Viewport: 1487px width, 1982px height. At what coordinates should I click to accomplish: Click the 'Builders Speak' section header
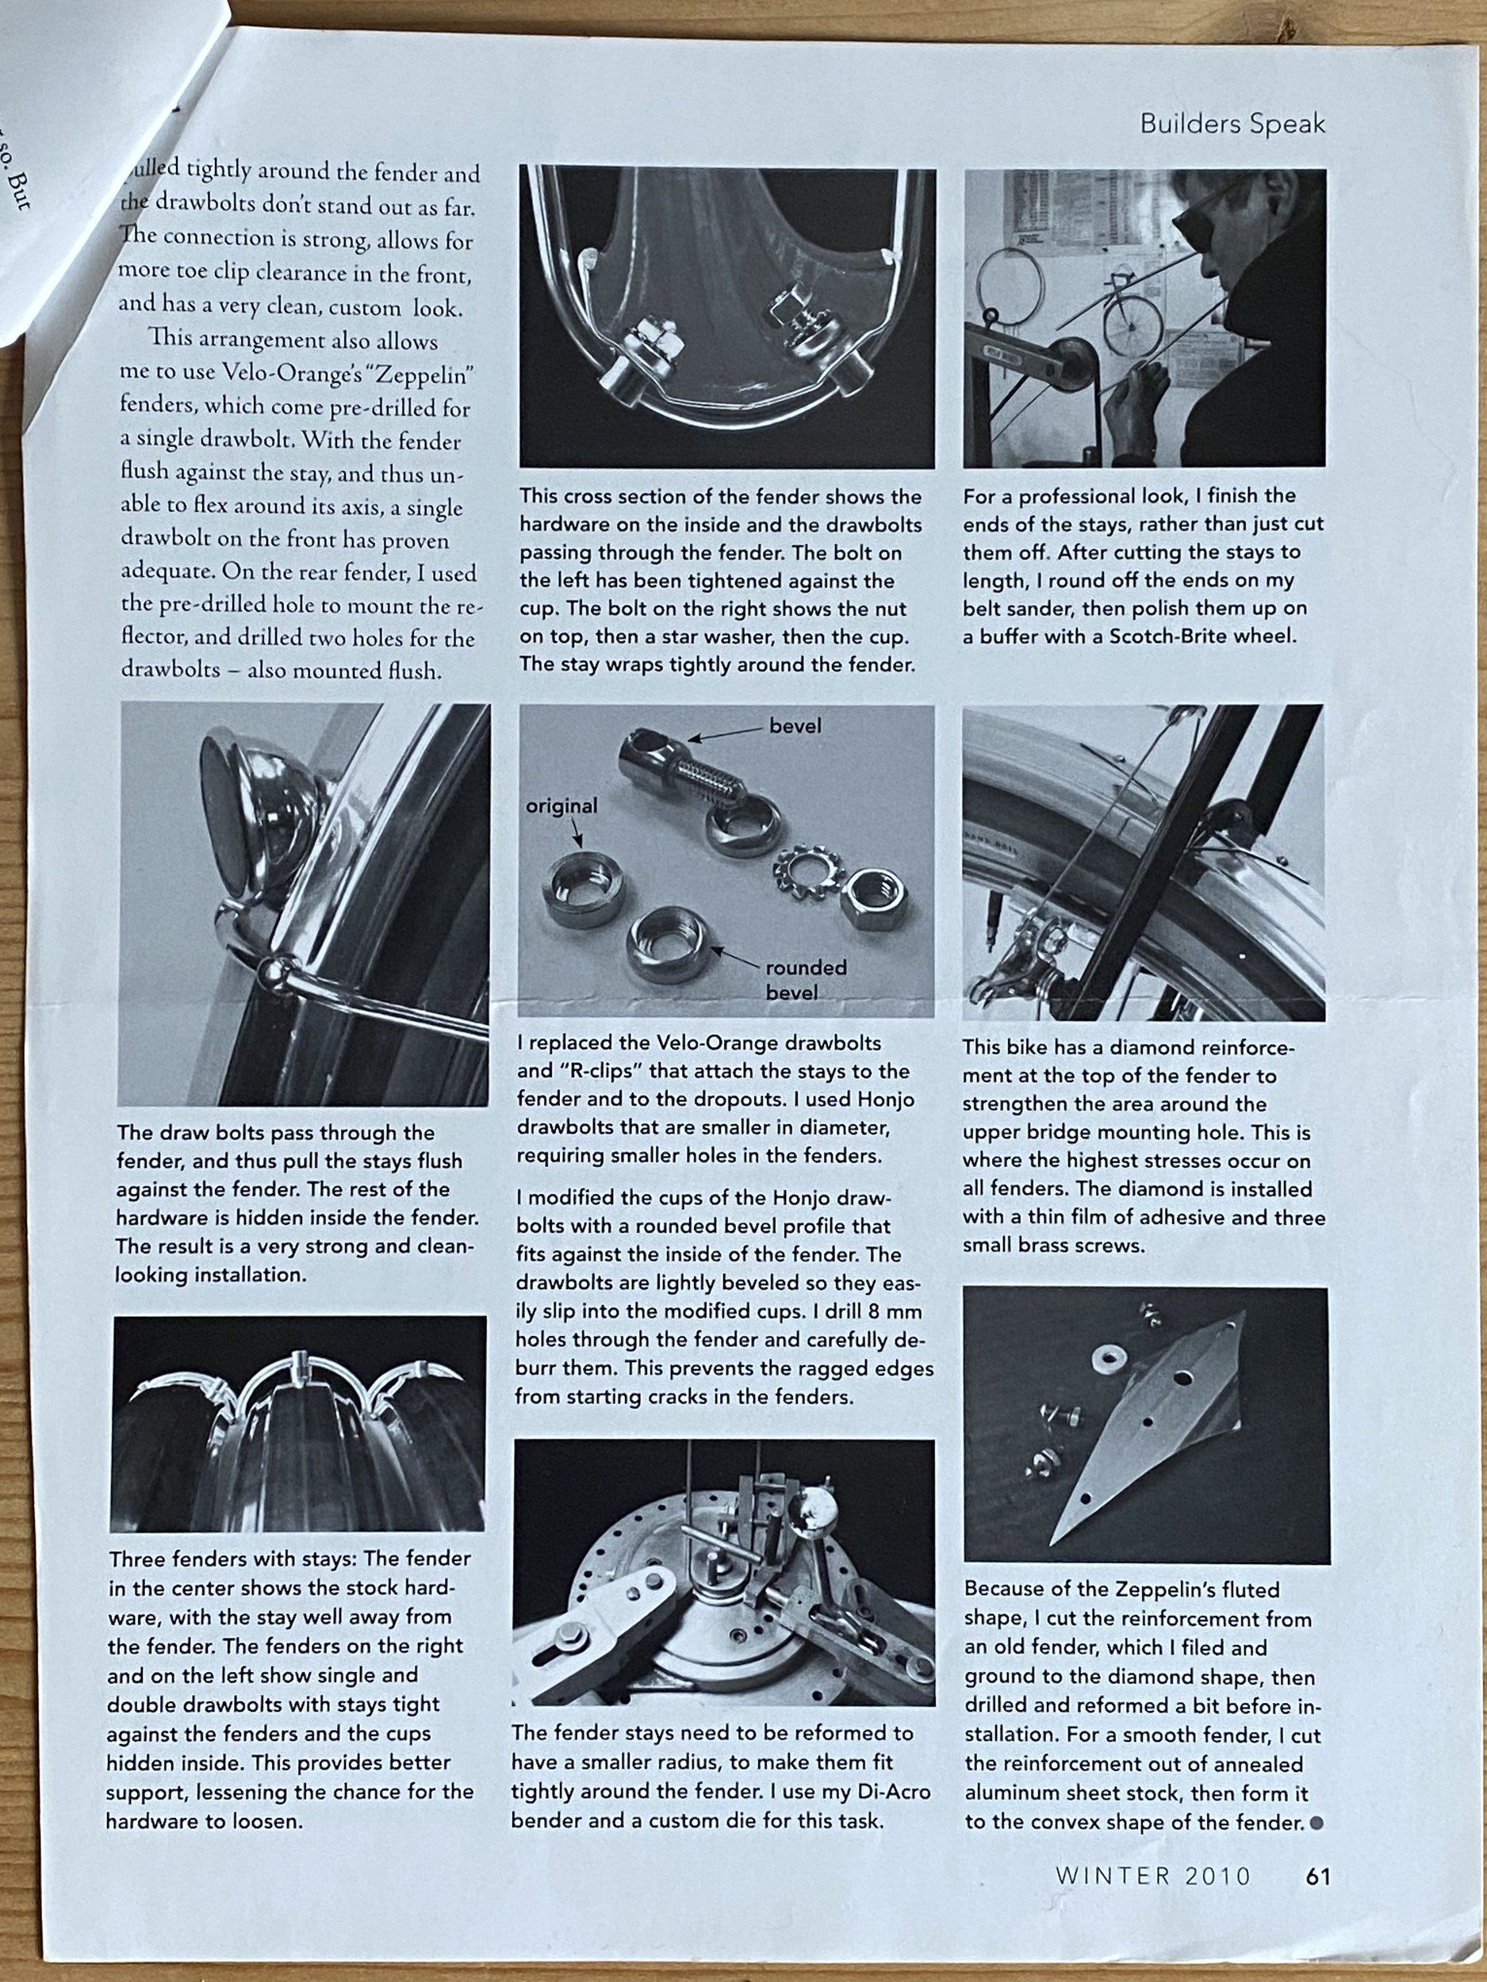point(1232,124)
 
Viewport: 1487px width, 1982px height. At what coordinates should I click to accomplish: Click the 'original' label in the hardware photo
point(561,805)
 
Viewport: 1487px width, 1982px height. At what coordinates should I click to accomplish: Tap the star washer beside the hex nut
point(803,869)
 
